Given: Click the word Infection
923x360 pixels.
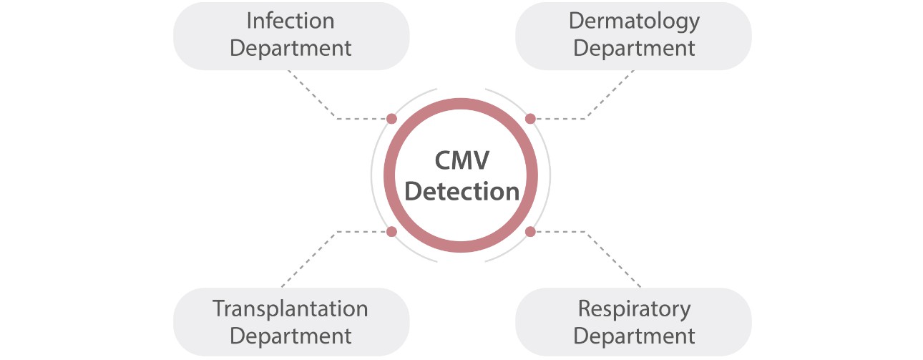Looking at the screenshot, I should [x=290, y=21].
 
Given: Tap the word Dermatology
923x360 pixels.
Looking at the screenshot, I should [x=634, y=21].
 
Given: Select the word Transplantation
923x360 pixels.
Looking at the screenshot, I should [x=290, y=308].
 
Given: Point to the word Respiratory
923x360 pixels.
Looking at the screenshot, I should [x=634, y=308].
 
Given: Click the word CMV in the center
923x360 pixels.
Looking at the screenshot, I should [x=461, y=161].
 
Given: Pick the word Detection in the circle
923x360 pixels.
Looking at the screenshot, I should [x=461, y=192].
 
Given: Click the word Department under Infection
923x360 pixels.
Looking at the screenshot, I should [x=290, y=49].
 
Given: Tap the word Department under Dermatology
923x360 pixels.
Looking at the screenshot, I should [x=634, y=49].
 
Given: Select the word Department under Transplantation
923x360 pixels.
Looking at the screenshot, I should [x=290, y=336].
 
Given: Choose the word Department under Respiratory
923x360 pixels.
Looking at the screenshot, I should [x=634, y=336].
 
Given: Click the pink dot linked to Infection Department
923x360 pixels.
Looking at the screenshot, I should [x=391, y=119].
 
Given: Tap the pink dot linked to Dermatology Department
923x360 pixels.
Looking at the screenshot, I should [x=530, y=119].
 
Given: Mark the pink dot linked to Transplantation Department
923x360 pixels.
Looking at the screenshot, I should [x=391, y=231].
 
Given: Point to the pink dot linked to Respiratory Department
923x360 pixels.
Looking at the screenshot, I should [x=530, y=231].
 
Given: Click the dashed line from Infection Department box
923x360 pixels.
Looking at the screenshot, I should [x=312, y=94].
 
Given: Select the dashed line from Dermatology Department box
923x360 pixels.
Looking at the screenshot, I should [x=610, y=94].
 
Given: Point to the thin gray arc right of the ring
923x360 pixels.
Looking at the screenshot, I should [x=550, y=175].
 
